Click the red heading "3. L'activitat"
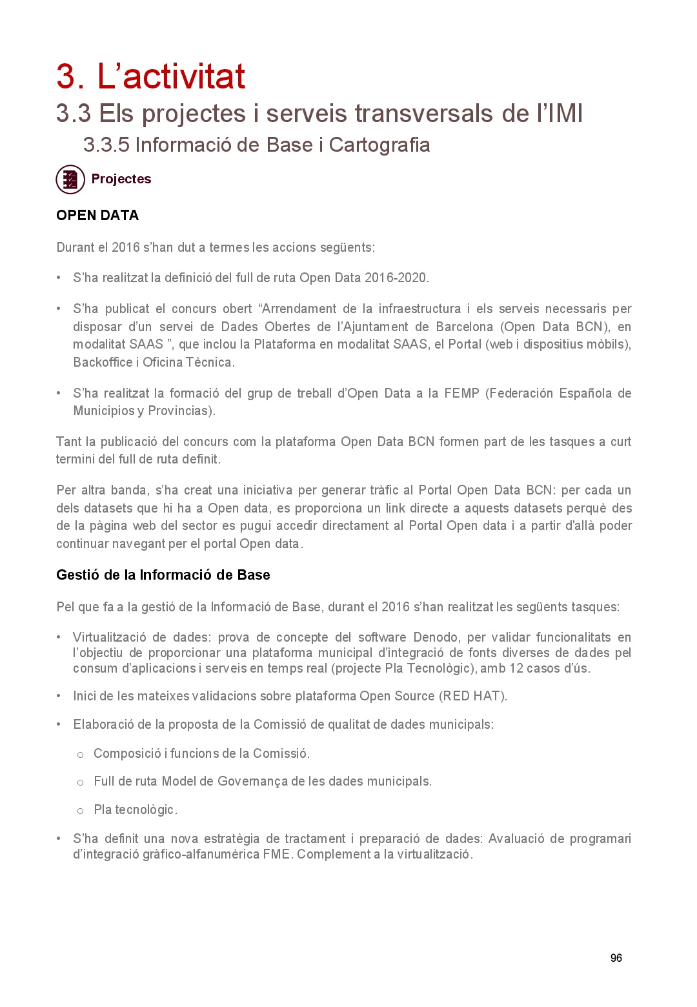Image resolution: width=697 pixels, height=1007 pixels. [x=150, y=77]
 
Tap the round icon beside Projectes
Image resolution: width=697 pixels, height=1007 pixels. [x=70, y=179]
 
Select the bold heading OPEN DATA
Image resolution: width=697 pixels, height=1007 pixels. [x=97, y=216]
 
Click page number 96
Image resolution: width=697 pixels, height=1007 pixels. [x=616, y=958]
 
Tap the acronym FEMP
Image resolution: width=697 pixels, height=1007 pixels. [x=461, y=393]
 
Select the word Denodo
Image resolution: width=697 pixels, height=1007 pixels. [x=436, y=638]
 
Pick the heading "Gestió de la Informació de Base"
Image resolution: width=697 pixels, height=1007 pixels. [x=163, y=575]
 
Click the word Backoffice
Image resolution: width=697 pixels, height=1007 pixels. [x=103, y=362]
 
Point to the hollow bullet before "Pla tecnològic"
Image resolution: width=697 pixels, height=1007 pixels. [x=80, y=811]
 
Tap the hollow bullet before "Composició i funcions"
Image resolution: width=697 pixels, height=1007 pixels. [x=80, y=755]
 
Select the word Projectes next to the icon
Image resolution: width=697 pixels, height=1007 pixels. [x=121, y=179]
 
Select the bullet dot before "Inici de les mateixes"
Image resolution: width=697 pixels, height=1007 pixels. [x=59, y=697]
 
